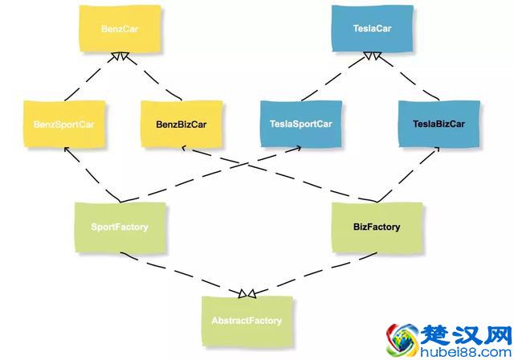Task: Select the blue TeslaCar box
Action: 372,29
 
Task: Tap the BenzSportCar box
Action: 63,125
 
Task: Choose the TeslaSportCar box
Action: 301,125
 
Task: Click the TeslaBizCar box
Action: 439,124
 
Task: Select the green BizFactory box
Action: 377,227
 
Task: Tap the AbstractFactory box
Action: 247,321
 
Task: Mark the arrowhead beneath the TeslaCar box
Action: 372,55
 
